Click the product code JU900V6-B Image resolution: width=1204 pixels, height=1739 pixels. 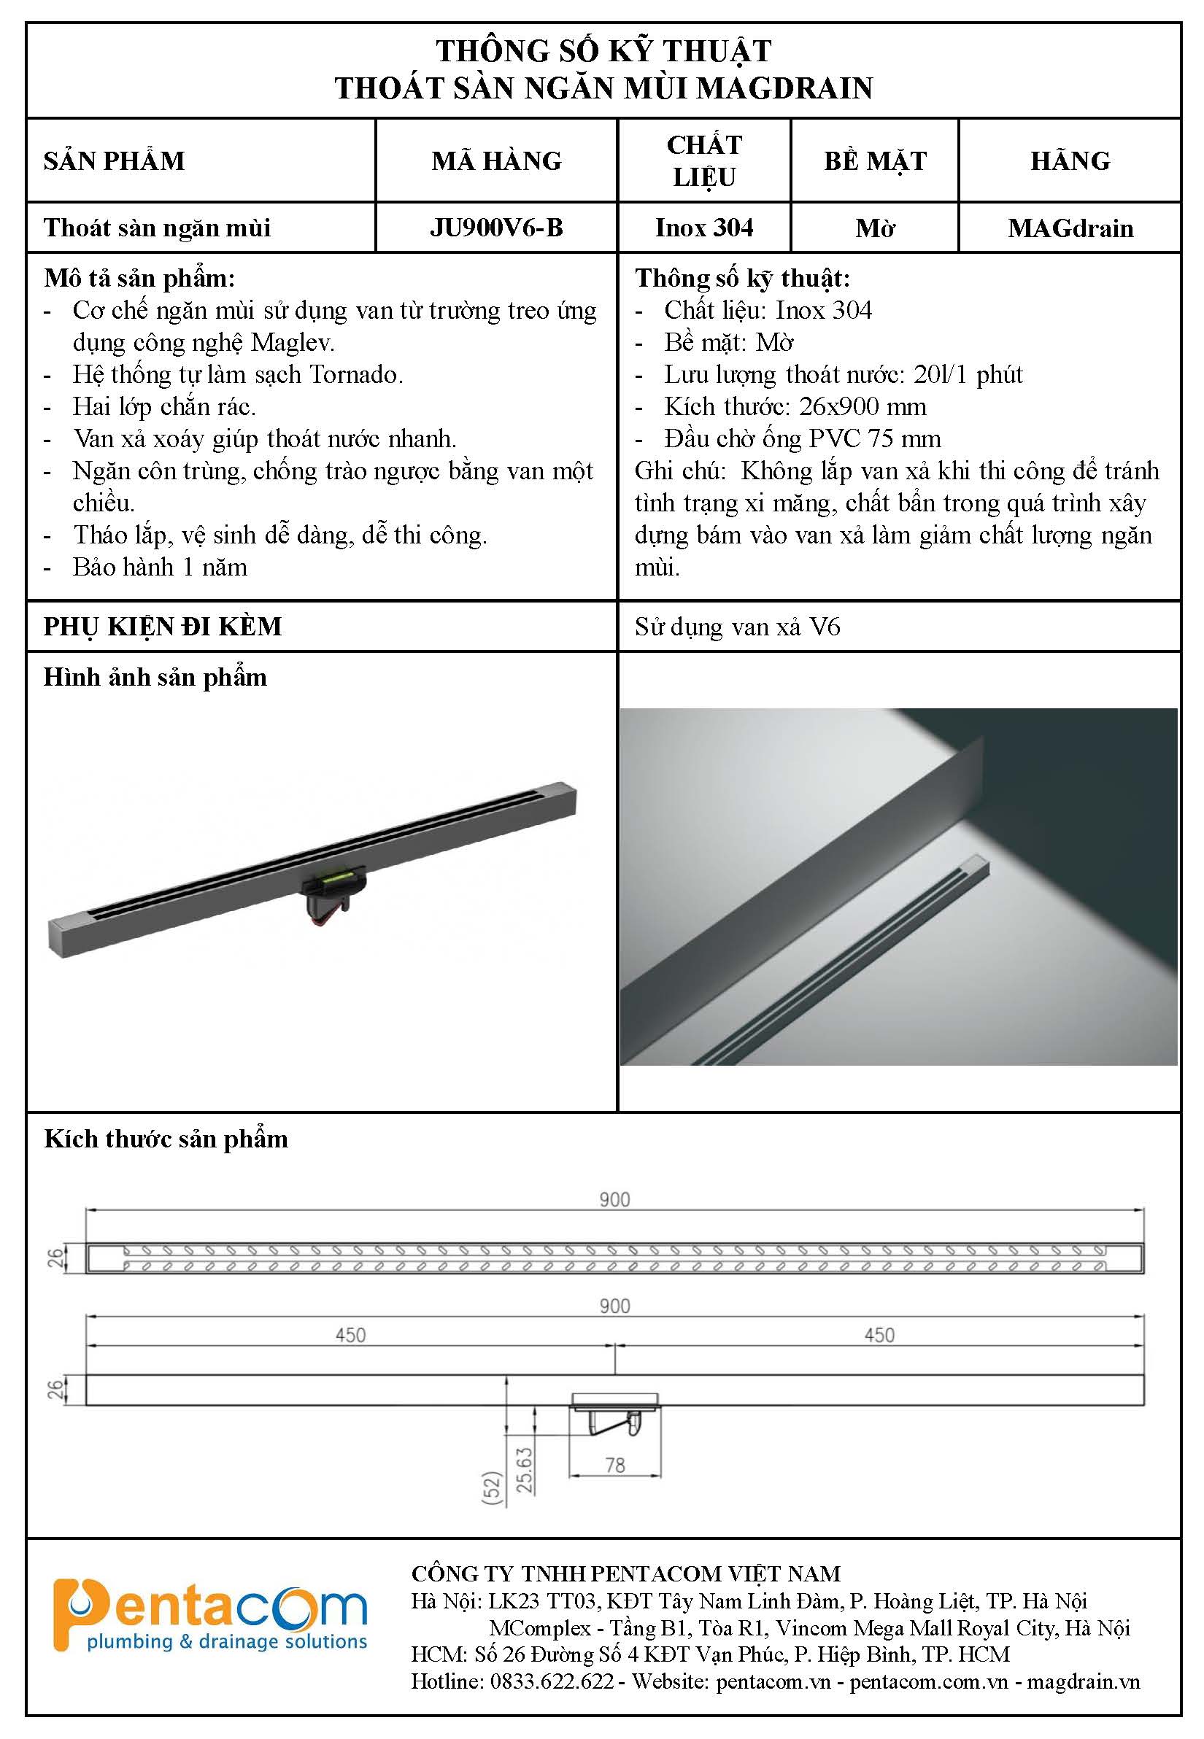tap(496, 228)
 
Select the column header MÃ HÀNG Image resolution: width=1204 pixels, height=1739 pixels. tap(496, 160)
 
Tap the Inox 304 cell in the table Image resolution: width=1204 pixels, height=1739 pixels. tap(704, 228)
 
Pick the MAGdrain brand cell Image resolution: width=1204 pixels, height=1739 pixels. tap(1070, 228)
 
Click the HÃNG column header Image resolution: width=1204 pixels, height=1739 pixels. tap(1070, 160)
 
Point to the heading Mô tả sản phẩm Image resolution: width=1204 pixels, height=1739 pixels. tap(139, 278)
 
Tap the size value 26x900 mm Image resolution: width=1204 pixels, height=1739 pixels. tap(863, 407)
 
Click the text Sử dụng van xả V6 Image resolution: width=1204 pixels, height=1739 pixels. tap(737, 627)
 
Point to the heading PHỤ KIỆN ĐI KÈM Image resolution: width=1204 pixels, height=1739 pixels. tap(162, 627)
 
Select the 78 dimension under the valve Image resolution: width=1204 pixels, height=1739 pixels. tap(615, 1465)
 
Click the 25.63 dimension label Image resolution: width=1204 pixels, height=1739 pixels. tap(525, 1469)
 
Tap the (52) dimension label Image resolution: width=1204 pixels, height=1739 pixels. tap(491, 1488)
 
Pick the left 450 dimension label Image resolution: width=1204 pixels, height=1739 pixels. tap(350, 1336)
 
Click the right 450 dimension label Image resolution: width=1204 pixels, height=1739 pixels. tap(879, 1336)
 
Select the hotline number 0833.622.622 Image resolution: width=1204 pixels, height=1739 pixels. tap(552, 1681)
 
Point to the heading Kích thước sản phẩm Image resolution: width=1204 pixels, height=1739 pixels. tap(166, 1139)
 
